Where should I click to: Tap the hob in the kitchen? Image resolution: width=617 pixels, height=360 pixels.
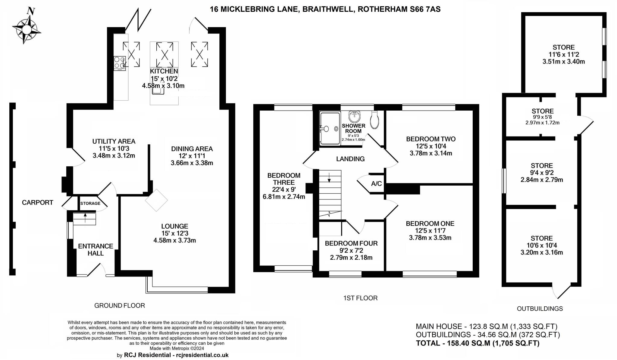pyautogui.click(x=120, y=64)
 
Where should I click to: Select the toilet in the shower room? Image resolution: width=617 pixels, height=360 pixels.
pyautogui.click(x=374, y=120)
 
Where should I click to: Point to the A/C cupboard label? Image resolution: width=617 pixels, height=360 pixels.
pyautogui.click(x=376, y=183)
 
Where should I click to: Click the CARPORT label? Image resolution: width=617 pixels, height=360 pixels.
pyautogui.click(x=38, y=202)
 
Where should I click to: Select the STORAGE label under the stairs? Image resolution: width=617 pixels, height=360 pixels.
pyautogui.click(x=90, y=203)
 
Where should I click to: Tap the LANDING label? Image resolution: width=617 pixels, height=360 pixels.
pyautogui.click(x=350, y=159)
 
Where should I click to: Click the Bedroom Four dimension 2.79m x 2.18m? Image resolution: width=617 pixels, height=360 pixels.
pyautogui.click(x=351, y=258)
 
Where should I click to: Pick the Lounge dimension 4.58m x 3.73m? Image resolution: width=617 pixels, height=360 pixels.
pyautogui.click(x=175, y=240)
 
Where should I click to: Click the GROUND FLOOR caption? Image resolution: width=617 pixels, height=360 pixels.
pyautogui.click(x=120, y=305)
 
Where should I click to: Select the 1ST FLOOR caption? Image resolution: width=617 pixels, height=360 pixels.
pyautogui.click(x=360, y=298)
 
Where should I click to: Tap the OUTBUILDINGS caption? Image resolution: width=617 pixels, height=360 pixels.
pyautogui.click(x=540, y=308)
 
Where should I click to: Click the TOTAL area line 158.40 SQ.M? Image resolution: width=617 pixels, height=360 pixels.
pyautogui.click(x=478, y=343)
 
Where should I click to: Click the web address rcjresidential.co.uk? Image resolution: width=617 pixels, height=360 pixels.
pyautogui.click(x=201, y=355)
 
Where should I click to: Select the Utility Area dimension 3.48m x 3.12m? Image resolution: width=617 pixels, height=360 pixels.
pyautogui.click(x=114, y=156)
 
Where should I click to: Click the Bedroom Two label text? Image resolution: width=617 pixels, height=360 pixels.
pyautogui.click(x=431, y=139)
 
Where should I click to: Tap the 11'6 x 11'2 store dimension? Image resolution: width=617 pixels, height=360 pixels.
pyautogui.click(x=564, y=55)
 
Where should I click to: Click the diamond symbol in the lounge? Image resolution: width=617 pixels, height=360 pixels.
pyautogui.click(x=156, y=200)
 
